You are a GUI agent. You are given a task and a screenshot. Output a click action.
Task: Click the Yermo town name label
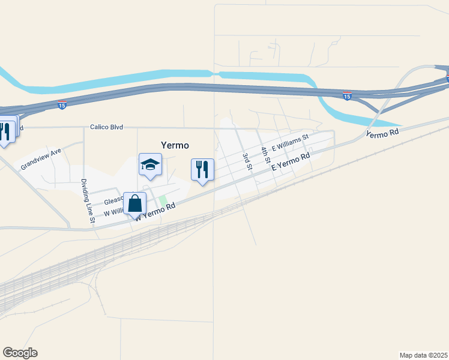pos(175,145)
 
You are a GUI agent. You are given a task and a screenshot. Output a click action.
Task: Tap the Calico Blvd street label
pos(106,127)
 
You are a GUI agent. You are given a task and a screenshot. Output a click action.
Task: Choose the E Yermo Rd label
pos(291,161)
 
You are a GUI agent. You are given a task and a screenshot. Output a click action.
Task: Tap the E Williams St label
pos(289,143)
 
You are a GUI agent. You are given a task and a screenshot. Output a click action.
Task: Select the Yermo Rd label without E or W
pos(382,134)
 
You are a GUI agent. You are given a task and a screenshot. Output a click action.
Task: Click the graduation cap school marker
pos(150,164)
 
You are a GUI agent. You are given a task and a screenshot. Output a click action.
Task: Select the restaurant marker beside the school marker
pos(202,169)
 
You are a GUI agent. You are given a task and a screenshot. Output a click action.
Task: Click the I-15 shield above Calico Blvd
pos(62,105)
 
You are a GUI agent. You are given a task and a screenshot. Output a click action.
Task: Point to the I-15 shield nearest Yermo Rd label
pos(346,95)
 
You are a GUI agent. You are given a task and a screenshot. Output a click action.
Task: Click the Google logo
pos(20,353)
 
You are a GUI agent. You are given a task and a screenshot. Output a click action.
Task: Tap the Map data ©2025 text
pos(423,355)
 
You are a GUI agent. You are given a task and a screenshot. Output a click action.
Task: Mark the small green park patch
pos(163,200)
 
